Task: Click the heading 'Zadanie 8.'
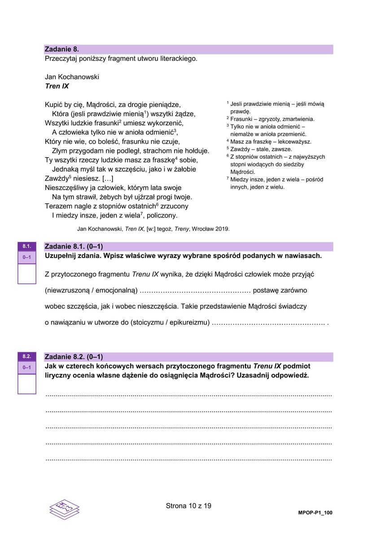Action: coord(62,49)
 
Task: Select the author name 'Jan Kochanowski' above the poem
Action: coord(72,77)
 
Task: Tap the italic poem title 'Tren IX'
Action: coord(57,86)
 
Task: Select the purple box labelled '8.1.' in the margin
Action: coord(26,246)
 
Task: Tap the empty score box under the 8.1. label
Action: coord(26,273)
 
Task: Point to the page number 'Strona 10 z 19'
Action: coord(188,506)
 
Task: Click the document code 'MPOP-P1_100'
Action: coord(315,513)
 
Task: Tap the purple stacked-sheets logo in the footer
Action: coord(64,509)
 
